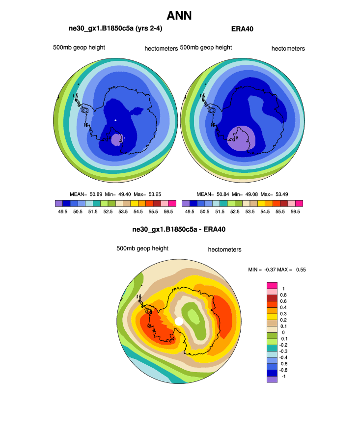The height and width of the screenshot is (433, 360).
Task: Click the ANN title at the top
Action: pos(179,16)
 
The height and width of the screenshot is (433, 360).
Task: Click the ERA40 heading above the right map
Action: pos(242,29)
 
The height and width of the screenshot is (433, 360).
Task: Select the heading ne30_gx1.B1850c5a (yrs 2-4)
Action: pos(115,29)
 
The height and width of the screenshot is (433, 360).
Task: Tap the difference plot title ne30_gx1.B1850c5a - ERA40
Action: pos(179,229)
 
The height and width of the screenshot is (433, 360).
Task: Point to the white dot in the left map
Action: pos(115,120)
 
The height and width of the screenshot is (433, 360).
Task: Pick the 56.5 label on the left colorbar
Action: pos(168,212)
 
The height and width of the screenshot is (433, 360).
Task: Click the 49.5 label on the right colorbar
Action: pos(189,212)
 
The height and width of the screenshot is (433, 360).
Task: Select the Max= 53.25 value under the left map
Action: pos(150,194)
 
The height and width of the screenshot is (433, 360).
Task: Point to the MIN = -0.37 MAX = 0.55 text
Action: pos(278,270)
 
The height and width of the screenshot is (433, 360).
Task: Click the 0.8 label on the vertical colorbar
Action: pos(283,295)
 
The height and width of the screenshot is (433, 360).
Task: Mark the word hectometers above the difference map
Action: pos(224,249)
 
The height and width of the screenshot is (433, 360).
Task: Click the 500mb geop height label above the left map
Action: pos(79,48)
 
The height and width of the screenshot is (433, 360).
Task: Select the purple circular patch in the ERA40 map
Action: pos(241,138)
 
